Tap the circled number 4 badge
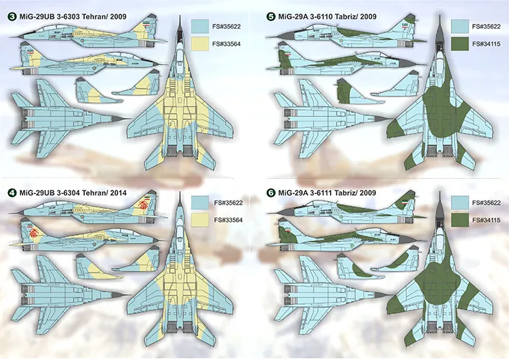tap(11, 193)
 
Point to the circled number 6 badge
tap(270, 193)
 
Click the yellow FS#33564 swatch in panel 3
tap(200, 44)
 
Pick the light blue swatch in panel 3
tap(200, 25)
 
